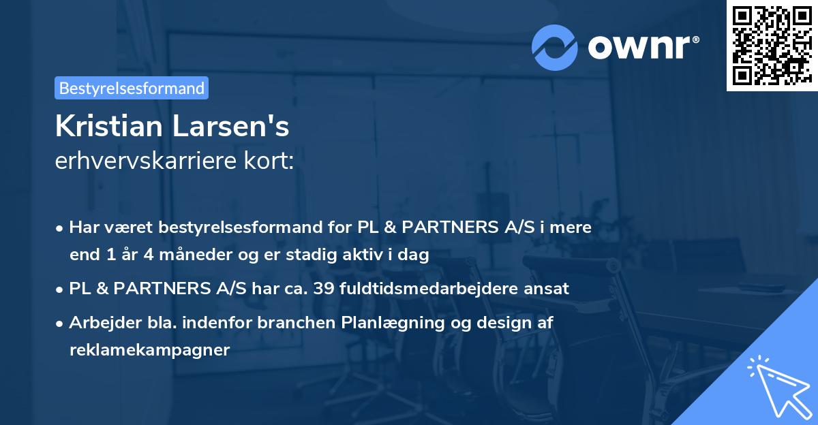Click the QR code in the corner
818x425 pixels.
[772, 46]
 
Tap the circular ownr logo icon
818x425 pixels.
[555, 47]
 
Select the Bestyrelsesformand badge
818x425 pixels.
[132, 88]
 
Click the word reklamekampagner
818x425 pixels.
[149, 350]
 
